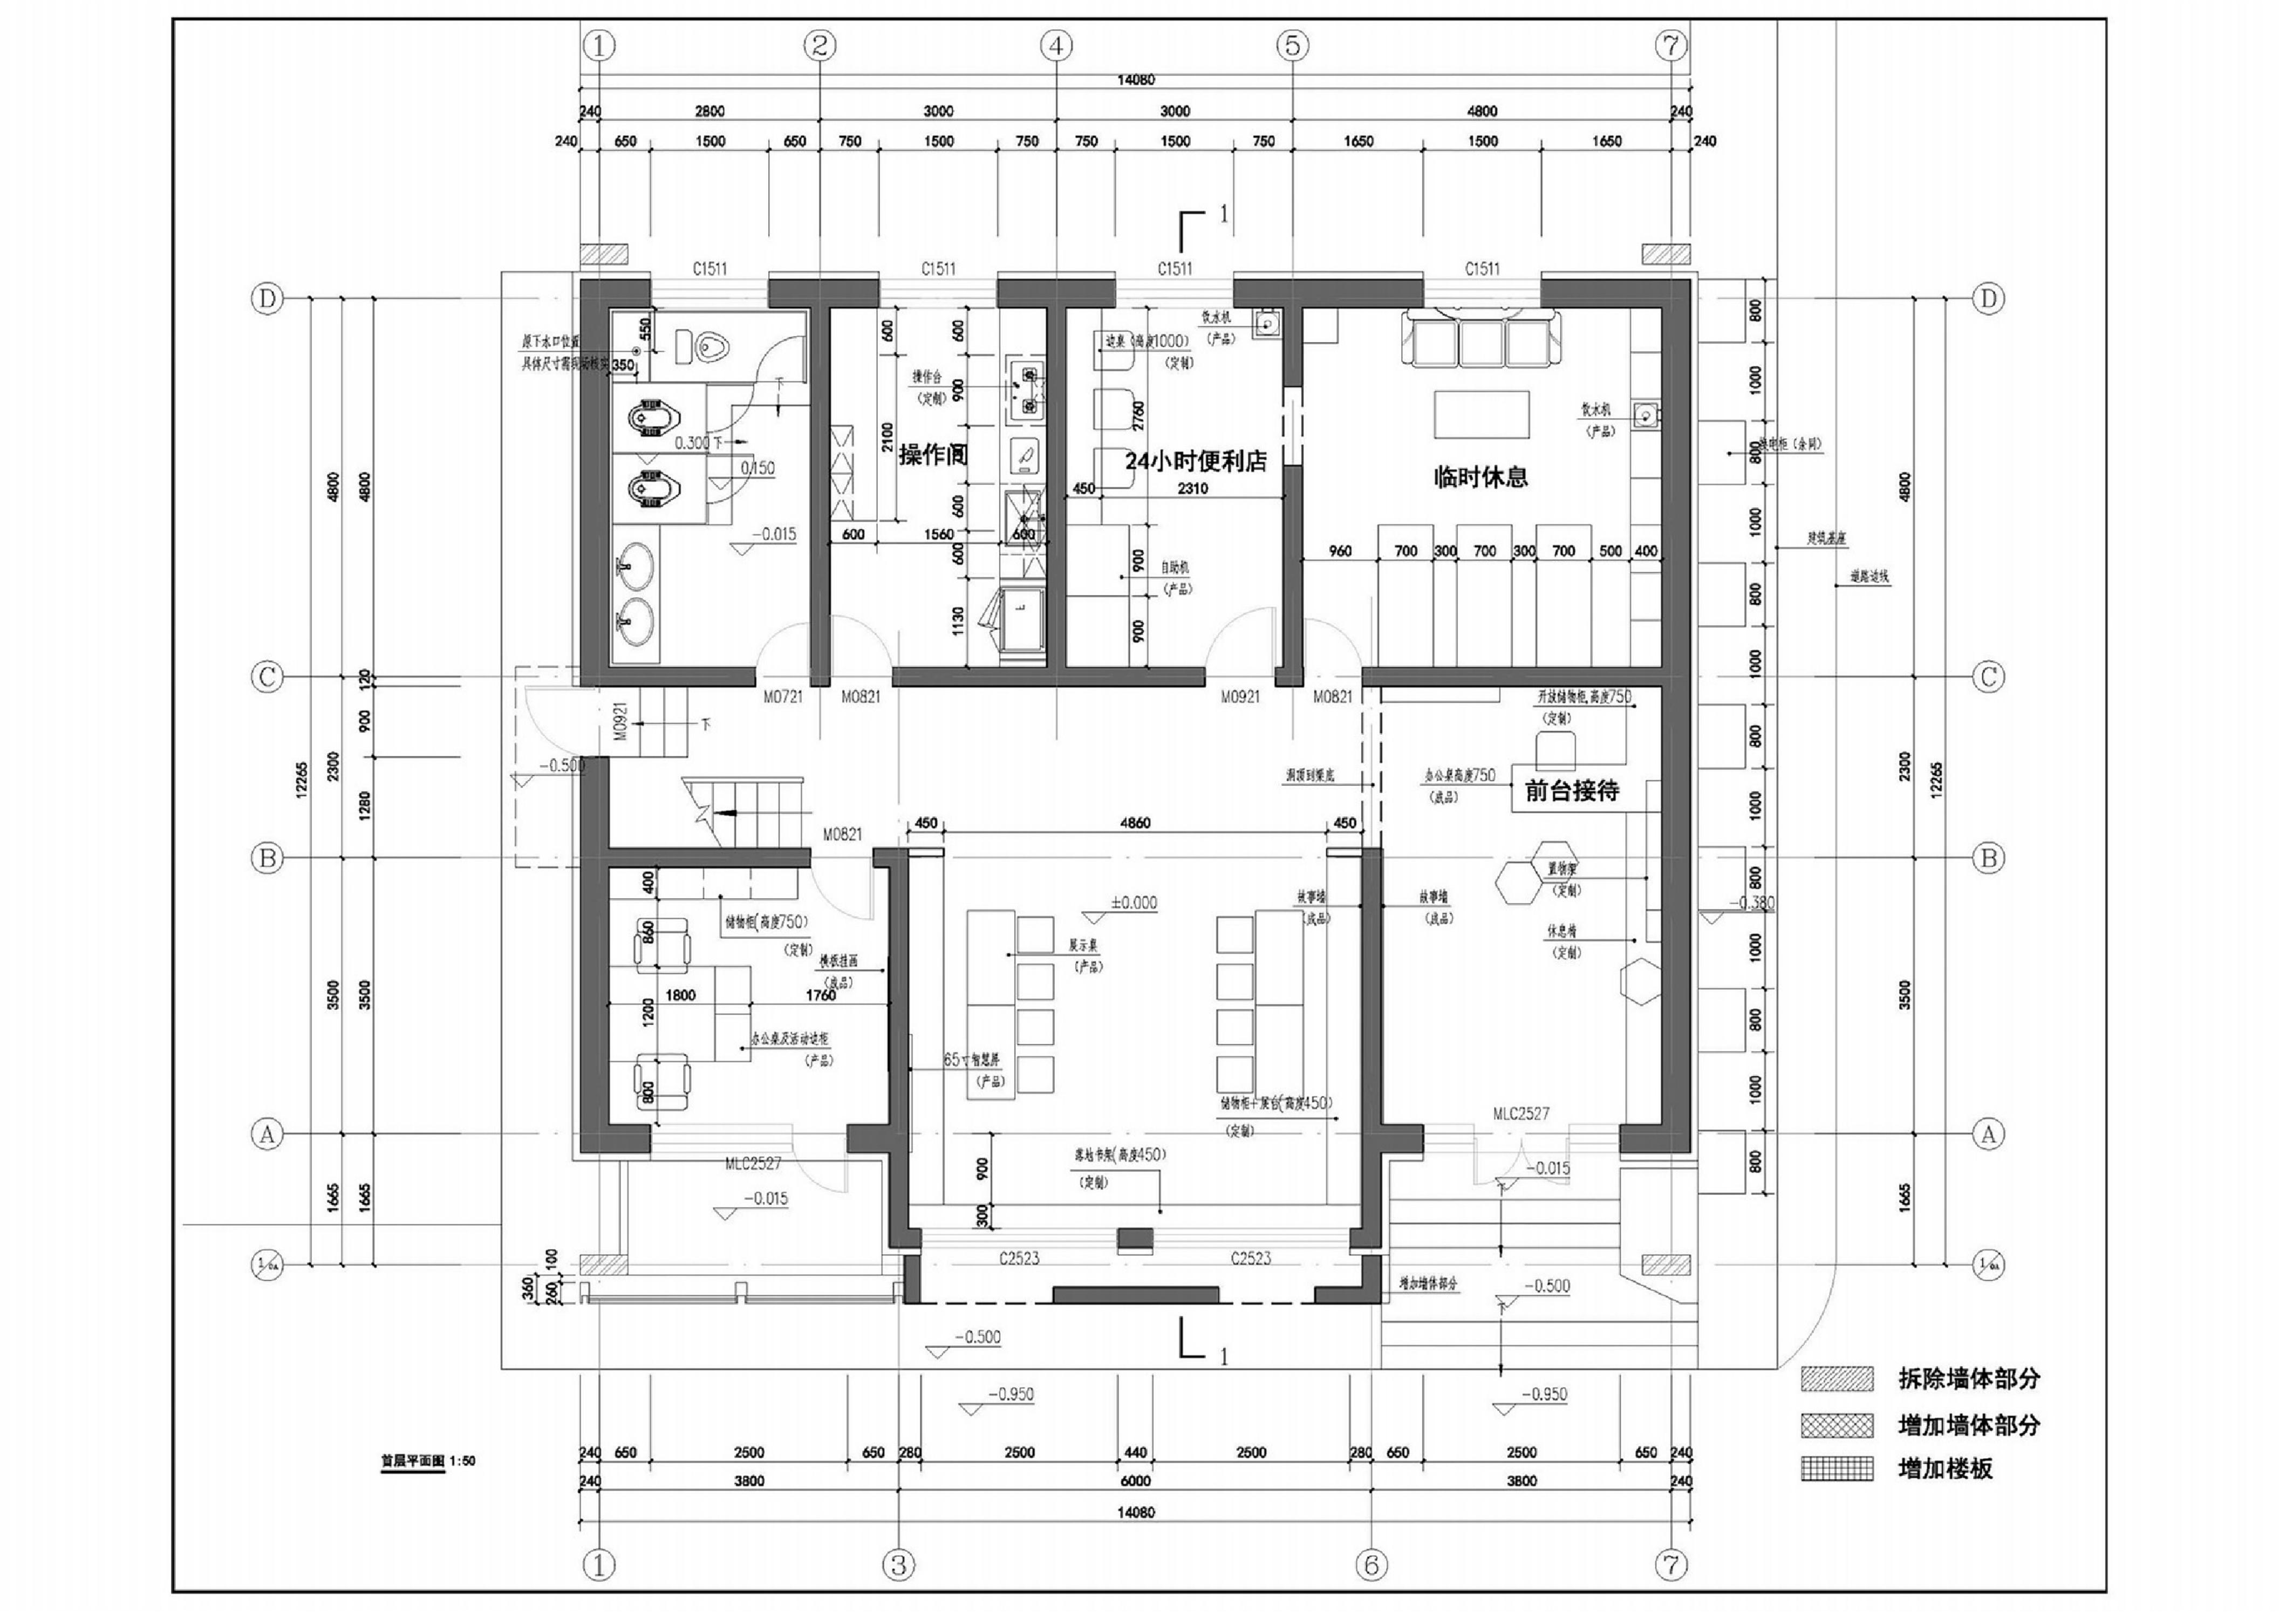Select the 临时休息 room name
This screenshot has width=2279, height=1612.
pos(1480,477)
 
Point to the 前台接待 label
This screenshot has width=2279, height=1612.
pos(1571,791)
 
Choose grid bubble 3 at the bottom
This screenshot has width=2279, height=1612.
pos(898,1566)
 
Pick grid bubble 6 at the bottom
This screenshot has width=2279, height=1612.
pos(1371,1566)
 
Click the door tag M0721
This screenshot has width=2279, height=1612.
pos(782,697)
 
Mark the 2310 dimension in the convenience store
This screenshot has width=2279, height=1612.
pos(1192,488)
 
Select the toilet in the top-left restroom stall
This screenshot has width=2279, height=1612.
pos(708,346)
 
